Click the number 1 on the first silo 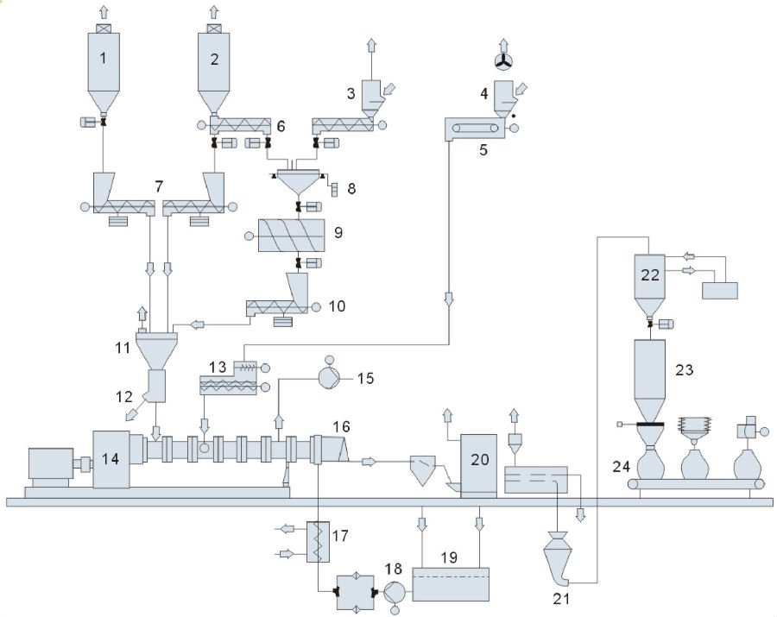[x=103, y=60]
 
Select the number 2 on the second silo [x=213, y=60]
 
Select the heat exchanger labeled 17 [x=319, y=540]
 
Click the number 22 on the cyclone [x=651, y=273]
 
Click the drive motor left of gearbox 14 [x=54, y=467]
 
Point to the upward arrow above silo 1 [x=104, y=10]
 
